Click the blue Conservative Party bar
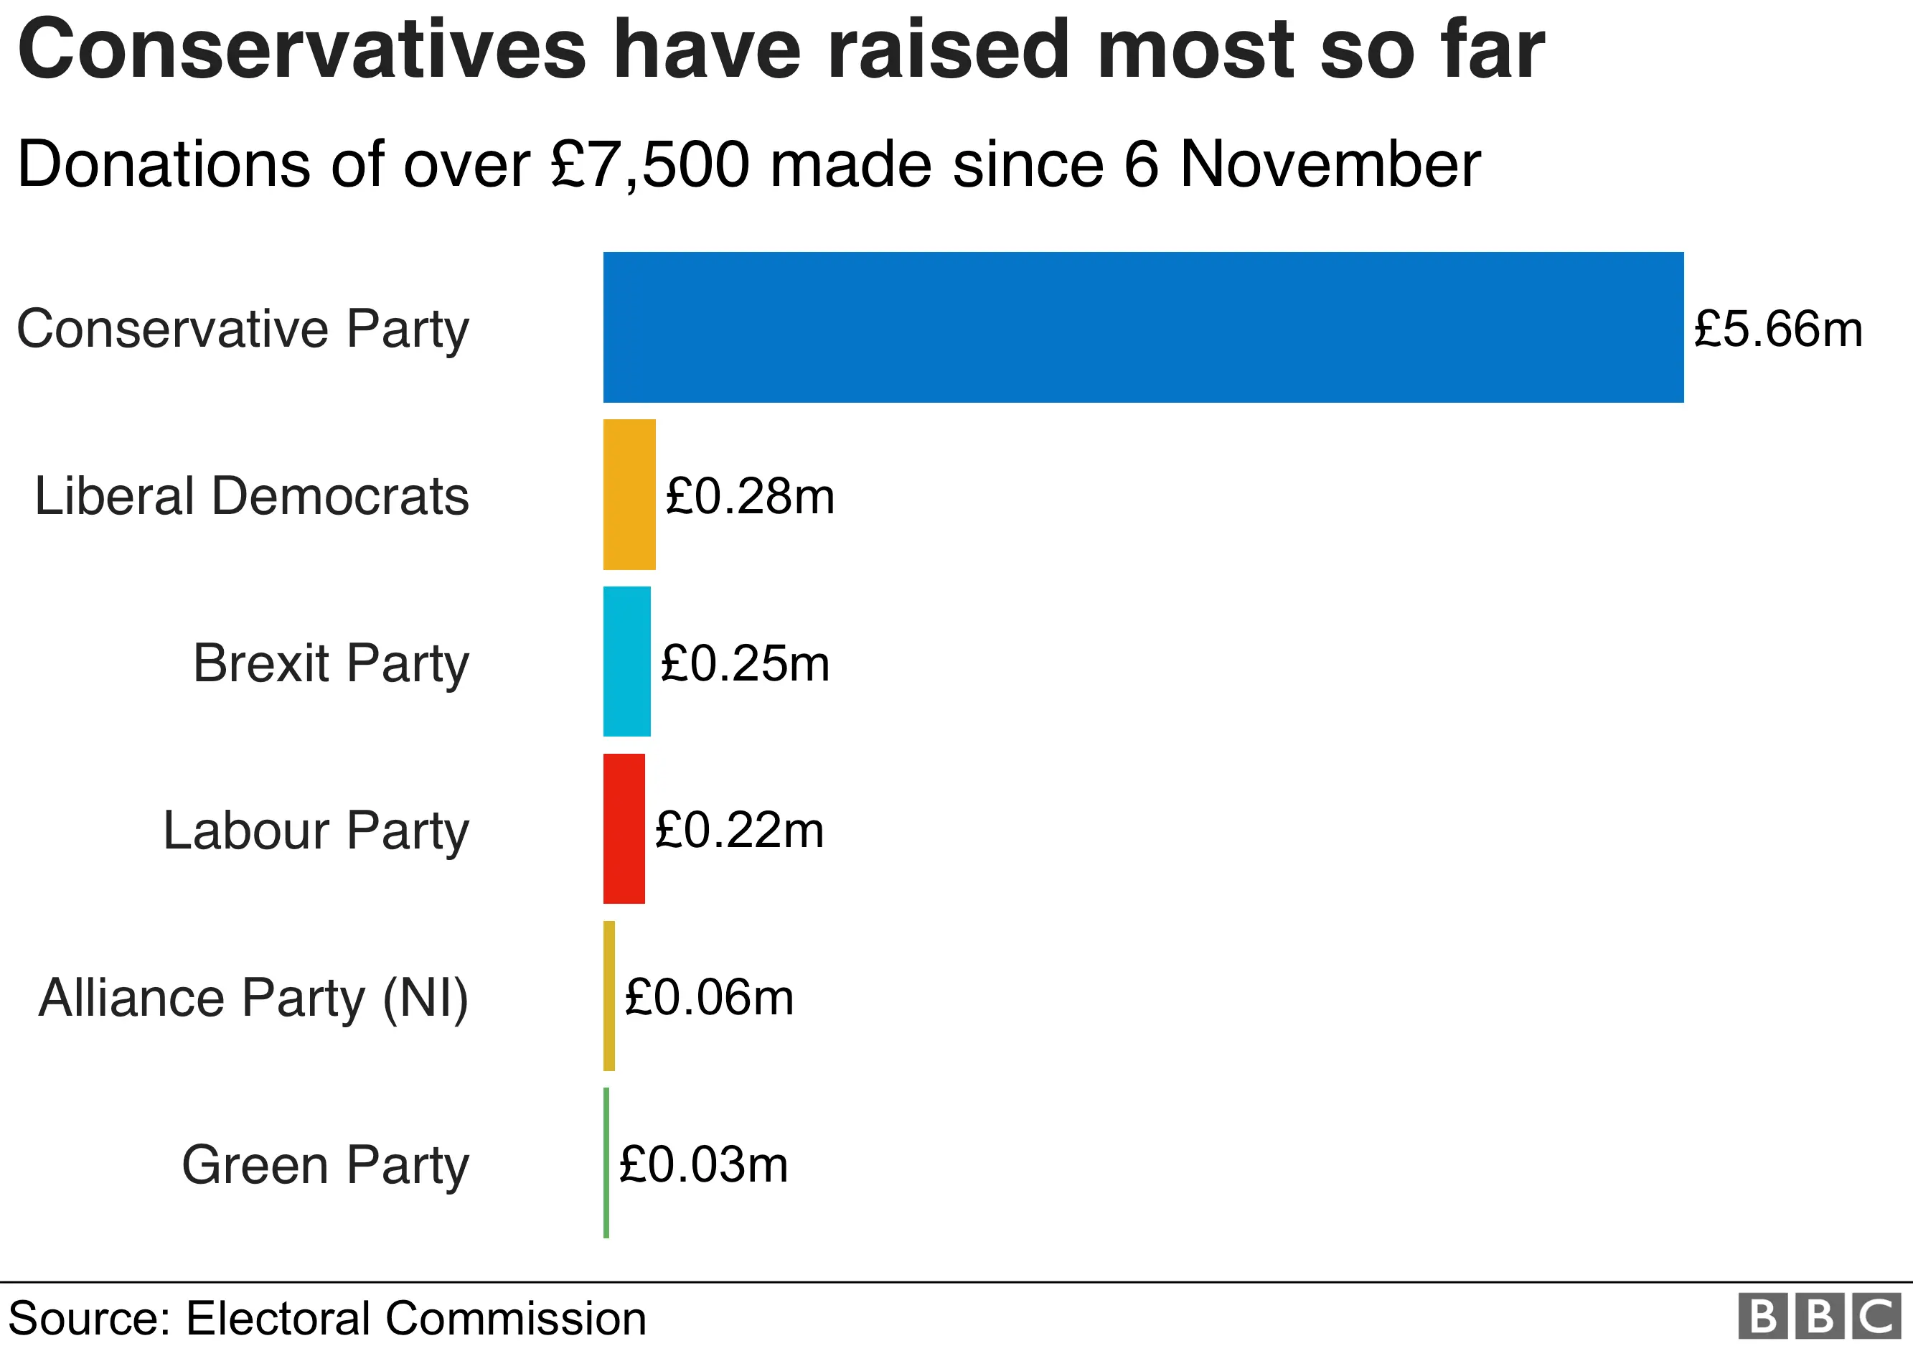[x=1142, y=327]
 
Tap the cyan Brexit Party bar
[x=626, y=662]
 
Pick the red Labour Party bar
[x=624, y=828]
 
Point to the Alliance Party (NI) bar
[x=609, y=996]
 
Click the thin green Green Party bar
[x=606, y=1163]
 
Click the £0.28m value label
[x=750, y=496]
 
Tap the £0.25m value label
[x=745, y=663]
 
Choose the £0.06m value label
[x=709, y=998]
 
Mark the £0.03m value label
[x=703, y=1164]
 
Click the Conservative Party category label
[x=243, y=330]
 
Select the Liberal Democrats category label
[x=252, y=496]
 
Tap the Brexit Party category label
[x=331, y=663]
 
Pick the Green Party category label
[x=325, y=1164]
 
